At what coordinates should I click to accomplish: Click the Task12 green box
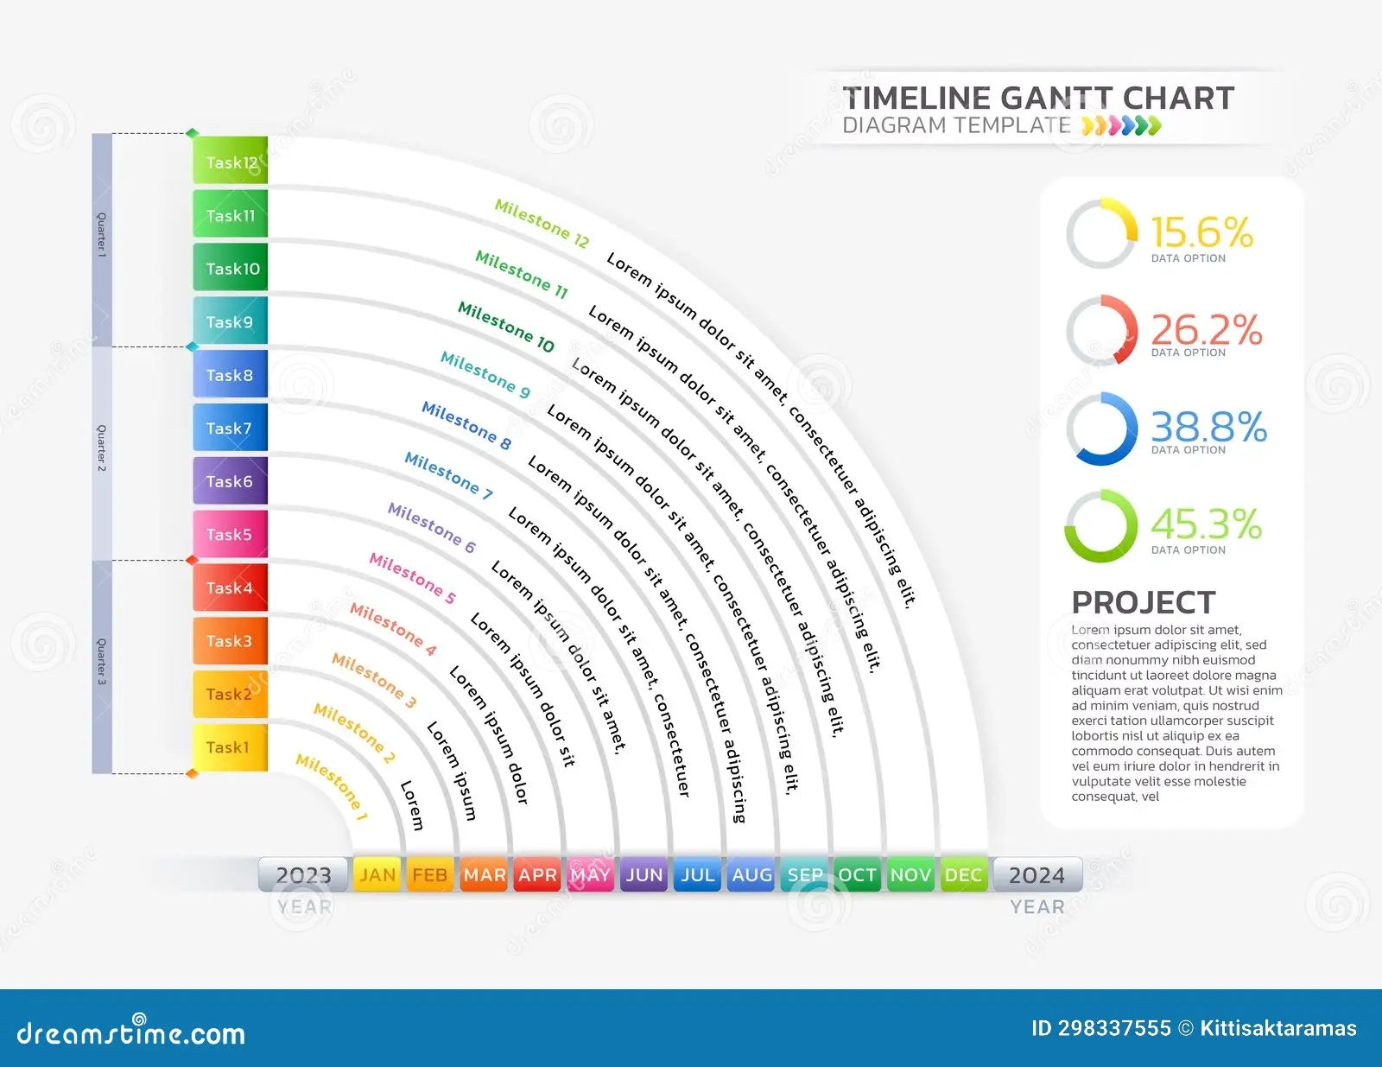230,162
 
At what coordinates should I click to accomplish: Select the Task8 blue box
230,375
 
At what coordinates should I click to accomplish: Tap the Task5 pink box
230,534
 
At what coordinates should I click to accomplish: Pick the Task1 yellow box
230,747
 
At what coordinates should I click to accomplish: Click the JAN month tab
377,874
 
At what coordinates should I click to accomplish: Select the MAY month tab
591,874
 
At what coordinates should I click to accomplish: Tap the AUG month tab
751,874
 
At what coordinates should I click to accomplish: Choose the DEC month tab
963,874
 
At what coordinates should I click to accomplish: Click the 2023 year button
303,875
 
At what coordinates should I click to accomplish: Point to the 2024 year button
1036,875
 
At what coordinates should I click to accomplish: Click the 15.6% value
1201,232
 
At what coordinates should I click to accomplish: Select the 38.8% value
1208,427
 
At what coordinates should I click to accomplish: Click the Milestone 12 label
542,224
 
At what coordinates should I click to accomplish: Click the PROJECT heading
1143,602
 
